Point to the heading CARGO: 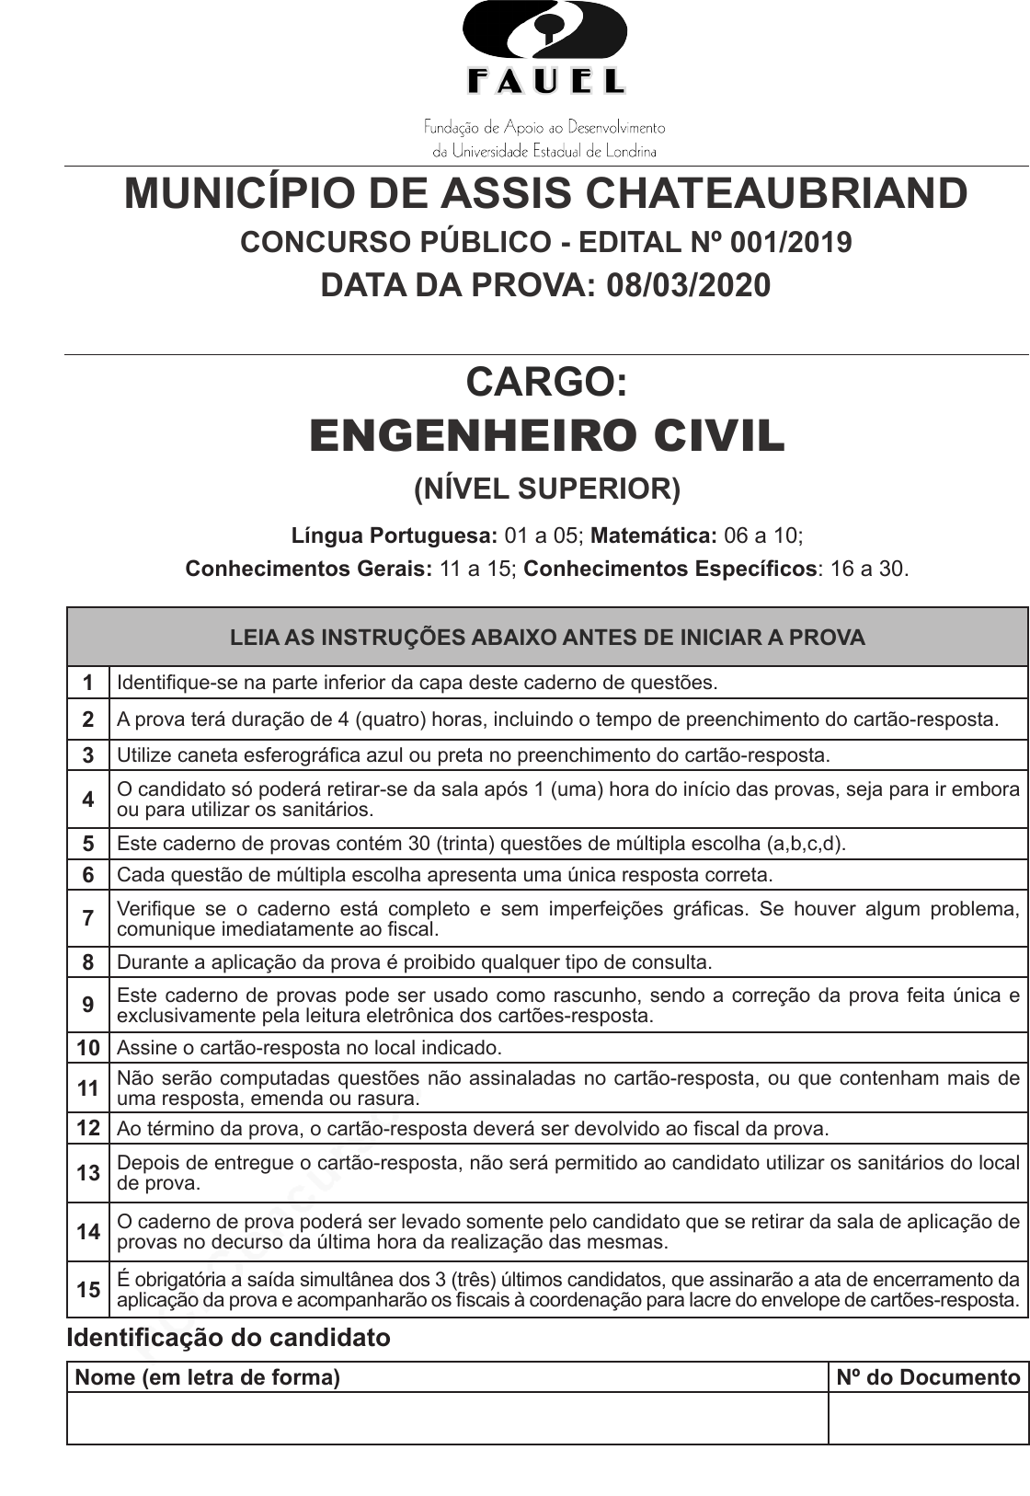(x=546, y=381)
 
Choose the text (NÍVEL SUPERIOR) (x=547, y=489)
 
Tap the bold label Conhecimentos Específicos (x=669, y=569)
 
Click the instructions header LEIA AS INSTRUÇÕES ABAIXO (x=547, y=638)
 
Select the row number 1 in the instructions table (x=88, y=683)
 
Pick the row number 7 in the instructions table (x=88, y=918)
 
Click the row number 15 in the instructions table (x=88, y=1290)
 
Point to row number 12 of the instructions (x=88, y=1128)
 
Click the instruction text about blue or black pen (x=473, y=755)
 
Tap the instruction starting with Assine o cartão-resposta (x=309, y=1047)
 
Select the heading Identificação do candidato (x=228, y=1338)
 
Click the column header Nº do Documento (x=928, y=1377)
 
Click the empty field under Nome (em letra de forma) (x=447, y=1418)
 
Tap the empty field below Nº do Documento (x=928, y=1418)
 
